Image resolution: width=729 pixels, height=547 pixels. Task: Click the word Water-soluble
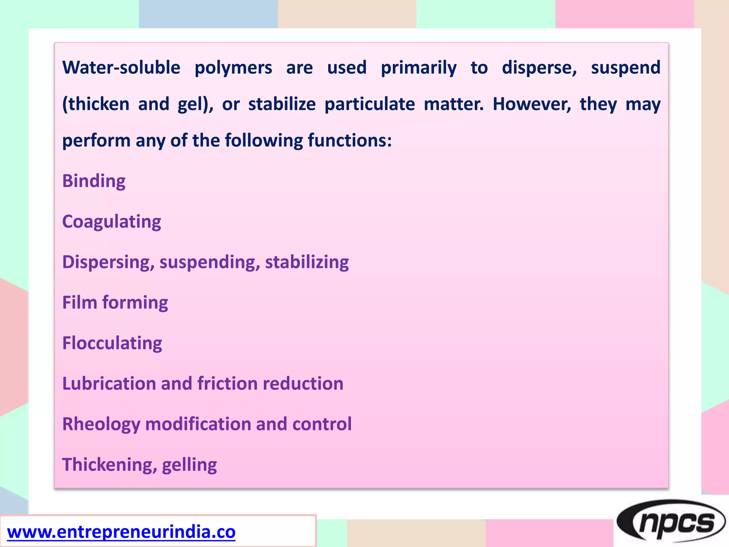[x=121, y=68]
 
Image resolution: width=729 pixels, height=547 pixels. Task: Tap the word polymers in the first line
[x=233, y=68]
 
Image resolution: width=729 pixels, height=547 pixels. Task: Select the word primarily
[x=419, y=68]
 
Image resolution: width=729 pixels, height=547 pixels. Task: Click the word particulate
[x=369, y=104]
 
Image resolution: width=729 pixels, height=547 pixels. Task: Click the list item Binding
[x=94, y=181]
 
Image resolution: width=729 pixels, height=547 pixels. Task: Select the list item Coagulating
[x=111, y=222]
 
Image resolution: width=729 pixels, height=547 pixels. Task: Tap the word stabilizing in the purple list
[x=307, y=262]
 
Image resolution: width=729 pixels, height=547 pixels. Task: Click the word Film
[x=80, y=302]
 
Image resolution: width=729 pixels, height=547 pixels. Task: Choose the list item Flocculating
[x=112, y=343]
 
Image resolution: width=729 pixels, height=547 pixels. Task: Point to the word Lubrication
[x=109, y=384]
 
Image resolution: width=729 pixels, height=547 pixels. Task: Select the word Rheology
[x=101, y=424]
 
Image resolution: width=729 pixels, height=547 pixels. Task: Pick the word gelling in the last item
[x=189, y=465]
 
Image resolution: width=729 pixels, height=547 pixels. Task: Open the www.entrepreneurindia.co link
[x=121, y=532]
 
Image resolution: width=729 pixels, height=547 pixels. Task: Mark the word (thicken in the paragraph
[x=96, y=104]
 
